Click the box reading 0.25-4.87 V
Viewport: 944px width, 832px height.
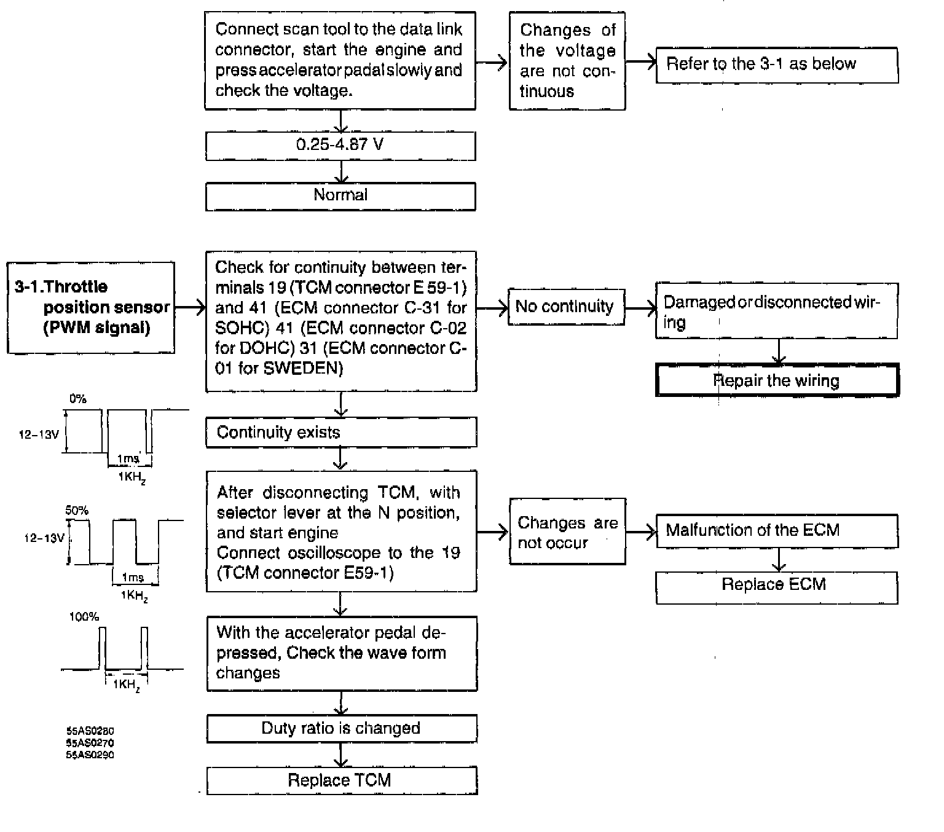[340, 145]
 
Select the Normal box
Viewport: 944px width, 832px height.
[340, 195]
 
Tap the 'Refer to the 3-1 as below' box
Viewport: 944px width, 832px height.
[776, 65]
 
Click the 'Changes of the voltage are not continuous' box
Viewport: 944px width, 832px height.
[567, 61]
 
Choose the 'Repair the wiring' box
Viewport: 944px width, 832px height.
[777, 380]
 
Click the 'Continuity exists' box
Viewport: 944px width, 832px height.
[340, 432]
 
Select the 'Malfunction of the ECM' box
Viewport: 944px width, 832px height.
[776, 530]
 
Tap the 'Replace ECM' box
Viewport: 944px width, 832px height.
[776, 585]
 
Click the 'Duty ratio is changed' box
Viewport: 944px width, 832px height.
[341, 728]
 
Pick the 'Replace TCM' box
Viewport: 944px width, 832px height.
[341, 780]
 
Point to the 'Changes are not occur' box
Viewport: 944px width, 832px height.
[567, 532]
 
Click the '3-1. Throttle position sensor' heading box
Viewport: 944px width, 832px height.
[90, 307]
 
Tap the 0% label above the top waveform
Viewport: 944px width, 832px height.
[78, 399]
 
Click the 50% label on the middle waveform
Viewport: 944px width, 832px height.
[77, 510]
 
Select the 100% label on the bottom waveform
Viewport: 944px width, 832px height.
[84, 616]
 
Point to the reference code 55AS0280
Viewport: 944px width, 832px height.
[90, 731]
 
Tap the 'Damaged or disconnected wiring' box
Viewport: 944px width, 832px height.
[776, 311]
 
